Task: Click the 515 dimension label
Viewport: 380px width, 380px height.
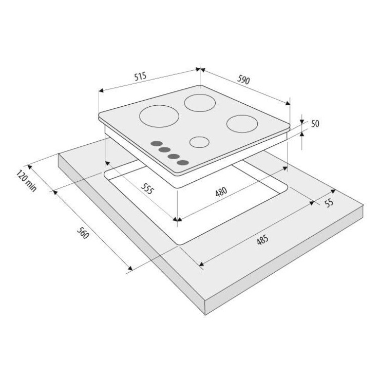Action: [140, 77]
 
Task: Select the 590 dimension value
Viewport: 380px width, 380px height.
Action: [243, 80]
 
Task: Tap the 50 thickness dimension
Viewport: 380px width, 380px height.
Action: [315, 124]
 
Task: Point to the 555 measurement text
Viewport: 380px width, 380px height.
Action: [147, 188]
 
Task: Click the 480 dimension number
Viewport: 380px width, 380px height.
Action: [221, 192]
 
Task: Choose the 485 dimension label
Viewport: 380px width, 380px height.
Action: [262, 239]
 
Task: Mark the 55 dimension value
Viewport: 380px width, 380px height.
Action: [329, 203]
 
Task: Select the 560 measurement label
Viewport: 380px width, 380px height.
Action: [83, 233]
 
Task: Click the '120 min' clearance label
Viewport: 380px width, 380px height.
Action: [26, 181]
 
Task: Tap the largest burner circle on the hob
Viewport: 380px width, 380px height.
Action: [159, 116]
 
